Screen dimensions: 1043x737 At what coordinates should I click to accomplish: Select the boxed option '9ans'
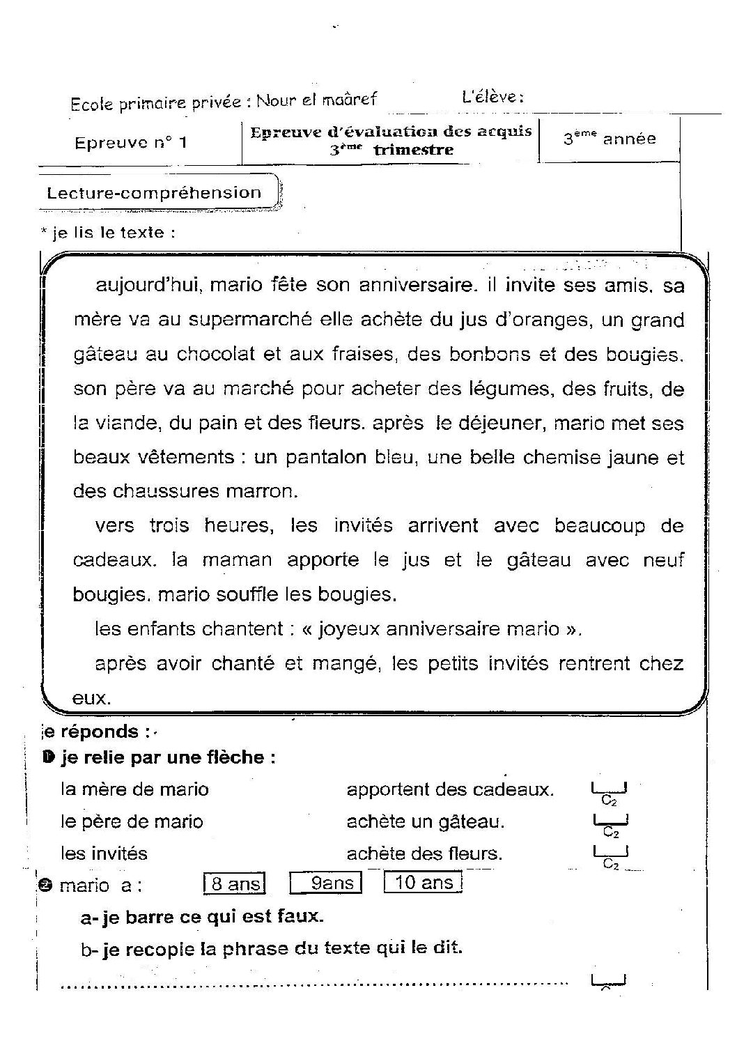coord(326,883)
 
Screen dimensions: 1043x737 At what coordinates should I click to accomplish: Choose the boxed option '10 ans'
coord(423,883)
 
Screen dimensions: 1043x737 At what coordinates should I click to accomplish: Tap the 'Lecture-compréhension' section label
coord(154,193)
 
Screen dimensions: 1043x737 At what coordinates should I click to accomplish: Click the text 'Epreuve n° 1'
coord(131,143)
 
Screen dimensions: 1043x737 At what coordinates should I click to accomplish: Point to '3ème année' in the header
coord(610,139)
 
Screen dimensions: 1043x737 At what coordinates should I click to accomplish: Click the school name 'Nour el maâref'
coord(316,100)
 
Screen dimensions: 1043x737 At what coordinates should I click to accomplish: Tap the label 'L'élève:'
coord(492,97)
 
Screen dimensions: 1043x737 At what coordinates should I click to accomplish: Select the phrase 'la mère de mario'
coord(134,789)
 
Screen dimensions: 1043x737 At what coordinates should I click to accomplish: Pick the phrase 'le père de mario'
coord(132,821)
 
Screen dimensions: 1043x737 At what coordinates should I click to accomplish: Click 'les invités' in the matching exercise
coord(104,853)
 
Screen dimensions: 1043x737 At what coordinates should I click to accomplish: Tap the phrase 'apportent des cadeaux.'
coord(450,789)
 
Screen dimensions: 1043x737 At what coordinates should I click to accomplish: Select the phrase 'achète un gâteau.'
coord(426,821)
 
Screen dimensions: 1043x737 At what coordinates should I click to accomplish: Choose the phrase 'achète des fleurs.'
coord(424,853)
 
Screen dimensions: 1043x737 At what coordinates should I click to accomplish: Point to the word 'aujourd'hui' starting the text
coord(148,286)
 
